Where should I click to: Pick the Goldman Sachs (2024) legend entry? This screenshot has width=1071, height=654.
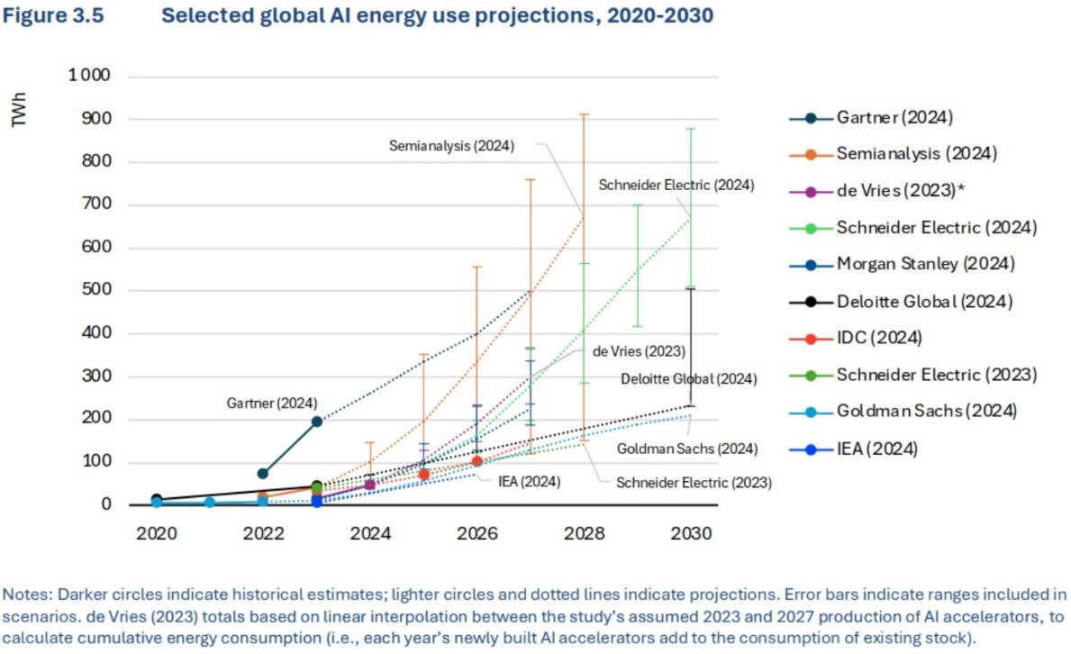(x=926, y=411)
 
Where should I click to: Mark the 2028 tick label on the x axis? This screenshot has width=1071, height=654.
(x=584, y=532)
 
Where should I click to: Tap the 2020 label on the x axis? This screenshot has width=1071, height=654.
(x=156, y=532)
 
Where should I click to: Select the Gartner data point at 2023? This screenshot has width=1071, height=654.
(x=316, y=421)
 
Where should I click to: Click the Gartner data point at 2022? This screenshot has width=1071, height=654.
(x=263, y=473)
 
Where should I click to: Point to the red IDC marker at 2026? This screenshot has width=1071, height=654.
(x=477, y=461)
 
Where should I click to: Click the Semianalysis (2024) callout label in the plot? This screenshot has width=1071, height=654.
(x=451, y=145)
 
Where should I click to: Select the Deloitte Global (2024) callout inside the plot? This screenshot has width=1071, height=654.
(x=689, y=378)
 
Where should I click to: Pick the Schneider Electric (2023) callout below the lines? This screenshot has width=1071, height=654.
(x=694, y=482)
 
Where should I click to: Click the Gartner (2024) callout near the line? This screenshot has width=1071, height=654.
(x=271, y=403)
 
